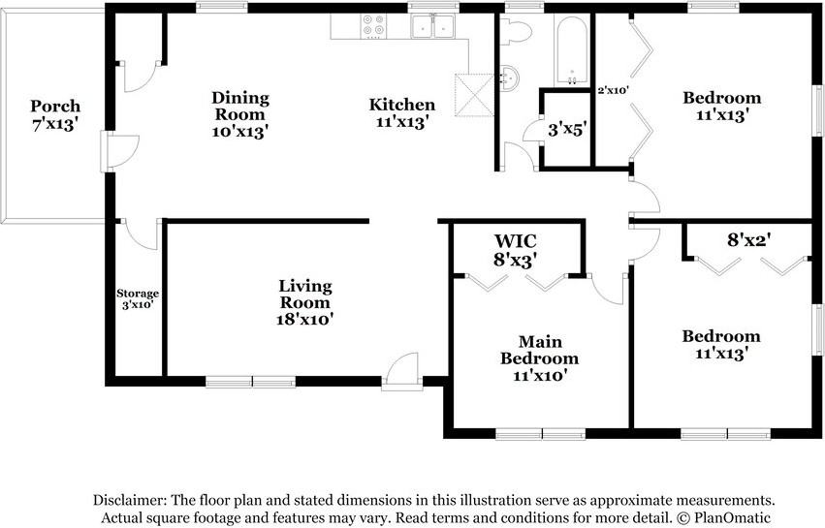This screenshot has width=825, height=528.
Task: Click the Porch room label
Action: (x=54, y=114)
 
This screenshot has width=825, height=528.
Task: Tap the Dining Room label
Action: (x=240, y=113)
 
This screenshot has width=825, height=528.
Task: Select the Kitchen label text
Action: (x=401, y=112)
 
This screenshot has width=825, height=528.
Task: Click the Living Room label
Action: (x=305, y=301)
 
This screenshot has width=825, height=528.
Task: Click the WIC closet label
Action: (x=515, y=249)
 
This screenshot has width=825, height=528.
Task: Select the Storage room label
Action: (x=138, y=298)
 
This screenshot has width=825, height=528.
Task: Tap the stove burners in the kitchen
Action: (x=372, y=25)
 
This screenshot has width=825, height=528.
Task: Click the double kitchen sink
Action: (x=433, y=27)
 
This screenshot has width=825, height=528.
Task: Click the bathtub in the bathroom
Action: (x=572, y=50)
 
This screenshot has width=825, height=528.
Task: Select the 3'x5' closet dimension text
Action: (x=566, y=128)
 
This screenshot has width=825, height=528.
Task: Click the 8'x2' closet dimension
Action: (x=748, y=237)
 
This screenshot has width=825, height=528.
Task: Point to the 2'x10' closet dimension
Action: (x=614, y=90)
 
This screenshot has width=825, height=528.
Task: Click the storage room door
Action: (x=139, y=233)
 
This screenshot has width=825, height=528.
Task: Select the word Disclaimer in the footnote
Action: (x=130, y=500)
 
